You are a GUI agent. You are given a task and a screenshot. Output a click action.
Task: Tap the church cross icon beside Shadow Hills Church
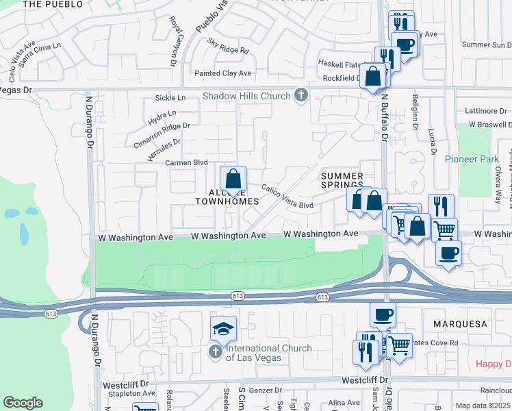[300, 96]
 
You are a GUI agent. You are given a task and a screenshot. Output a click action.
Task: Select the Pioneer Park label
[472, 159]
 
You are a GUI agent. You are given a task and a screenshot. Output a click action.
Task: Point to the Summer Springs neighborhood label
[342, 181]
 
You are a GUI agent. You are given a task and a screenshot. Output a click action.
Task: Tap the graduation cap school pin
[223, 330]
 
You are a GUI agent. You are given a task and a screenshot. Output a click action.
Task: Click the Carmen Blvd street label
[186, 163]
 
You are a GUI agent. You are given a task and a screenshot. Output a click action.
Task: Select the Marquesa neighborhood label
[459, 323]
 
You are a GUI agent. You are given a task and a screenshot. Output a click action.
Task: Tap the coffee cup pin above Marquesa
[383, 315]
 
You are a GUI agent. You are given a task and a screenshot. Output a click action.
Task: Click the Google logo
[23, 403]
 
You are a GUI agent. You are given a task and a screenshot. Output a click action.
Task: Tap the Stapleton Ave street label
[129, 394]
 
